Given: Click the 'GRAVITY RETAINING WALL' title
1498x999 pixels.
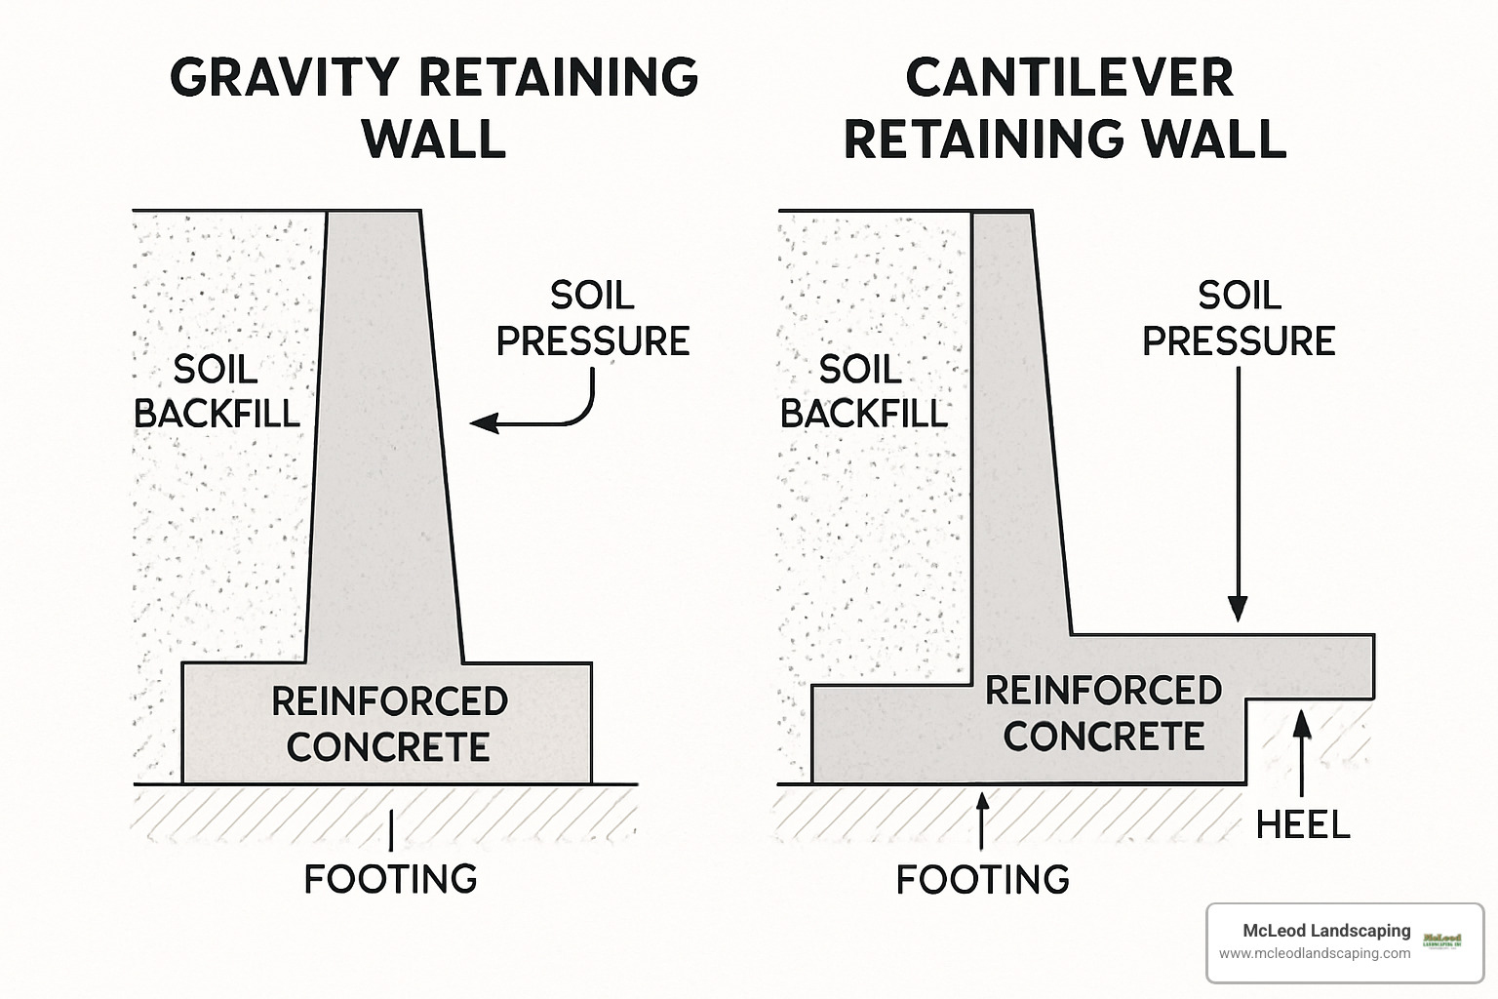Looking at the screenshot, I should pos(434,107).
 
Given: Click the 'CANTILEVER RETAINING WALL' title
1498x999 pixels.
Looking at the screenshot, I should pos(1066,107).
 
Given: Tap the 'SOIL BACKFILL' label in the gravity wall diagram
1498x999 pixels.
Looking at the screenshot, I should pos(217,391).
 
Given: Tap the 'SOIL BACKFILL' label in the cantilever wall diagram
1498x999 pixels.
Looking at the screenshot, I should pos(863,391).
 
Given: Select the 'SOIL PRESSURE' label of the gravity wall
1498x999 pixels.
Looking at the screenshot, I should pos(593,318).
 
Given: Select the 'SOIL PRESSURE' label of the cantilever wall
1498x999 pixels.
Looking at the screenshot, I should pos(1239,318).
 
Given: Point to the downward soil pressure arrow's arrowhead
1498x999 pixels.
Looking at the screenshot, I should pos(1238,609).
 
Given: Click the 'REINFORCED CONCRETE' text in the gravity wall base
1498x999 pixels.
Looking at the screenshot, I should pos(388,724).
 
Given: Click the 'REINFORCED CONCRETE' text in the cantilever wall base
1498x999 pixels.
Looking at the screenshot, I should pos(1103,713).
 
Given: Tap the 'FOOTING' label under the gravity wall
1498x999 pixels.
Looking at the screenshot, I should pos(391,879).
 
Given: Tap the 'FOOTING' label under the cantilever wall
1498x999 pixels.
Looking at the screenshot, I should pos(982,880).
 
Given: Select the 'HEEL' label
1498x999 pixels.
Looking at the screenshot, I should pos(1302,825).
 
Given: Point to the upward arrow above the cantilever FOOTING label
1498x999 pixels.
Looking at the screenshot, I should pos(982,819).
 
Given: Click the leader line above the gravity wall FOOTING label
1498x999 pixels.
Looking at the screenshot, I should pos(391,830).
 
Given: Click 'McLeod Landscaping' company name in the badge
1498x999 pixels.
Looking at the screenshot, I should pos(1325,931).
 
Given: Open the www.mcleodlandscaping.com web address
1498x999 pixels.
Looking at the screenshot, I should pos(1314,954).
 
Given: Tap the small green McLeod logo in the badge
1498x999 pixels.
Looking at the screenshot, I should pos(1442,941).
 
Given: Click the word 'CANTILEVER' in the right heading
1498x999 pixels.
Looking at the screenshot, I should pos(1069,78).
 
